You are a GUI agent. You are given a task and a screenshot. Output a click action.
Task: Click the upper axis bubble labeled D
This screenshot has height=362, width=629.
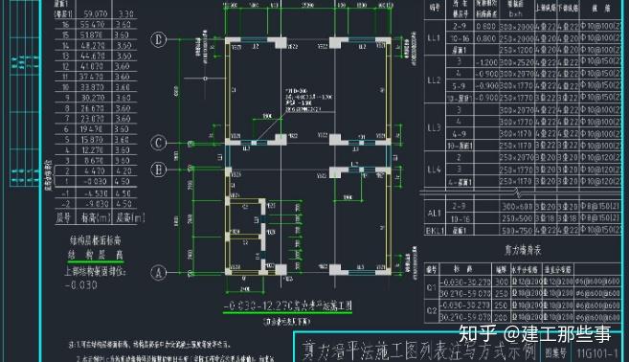coord(163,39)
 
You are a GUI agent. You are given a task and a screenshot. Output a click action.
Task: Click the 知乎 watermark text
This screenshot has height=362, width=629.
coord(478,334)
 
